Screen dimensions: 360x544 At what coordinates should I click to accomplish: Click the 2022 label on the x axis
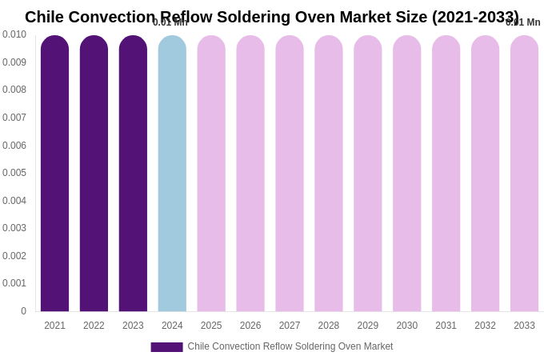point(94,326)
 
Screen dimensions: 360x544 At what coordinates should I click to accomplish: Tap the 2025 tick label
point(211,326)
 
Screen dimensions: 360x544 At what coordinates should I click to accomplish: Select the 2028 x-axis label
point(329,326)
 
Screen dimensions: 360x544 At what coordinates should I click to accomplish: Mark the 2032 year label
point(485,326)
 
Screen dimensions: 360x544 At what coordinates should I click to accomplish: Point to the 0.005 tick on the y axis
point(14,173)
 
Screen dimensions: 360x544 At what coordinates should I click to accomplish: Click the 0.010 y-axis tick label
point(14,34)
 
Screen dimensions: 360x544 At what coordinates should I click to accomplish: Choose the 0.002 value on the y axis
point(14,256)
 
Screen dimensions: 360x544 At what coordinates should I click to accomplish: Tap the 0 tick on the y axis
point(23,311)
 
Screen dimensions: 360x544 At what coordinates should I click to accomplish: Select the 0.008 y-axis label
point(14,90)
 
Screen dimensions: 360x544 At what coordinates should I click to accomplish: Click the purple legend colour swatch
point(166,347)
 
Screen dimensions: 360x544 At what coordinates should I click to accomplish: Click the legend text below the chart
point(290,346)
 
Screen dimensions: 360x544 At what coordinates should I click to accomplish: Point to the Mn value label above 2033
point(523,22)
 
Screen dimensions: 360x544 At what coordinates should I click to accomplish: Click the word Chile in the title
point(44,17)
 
